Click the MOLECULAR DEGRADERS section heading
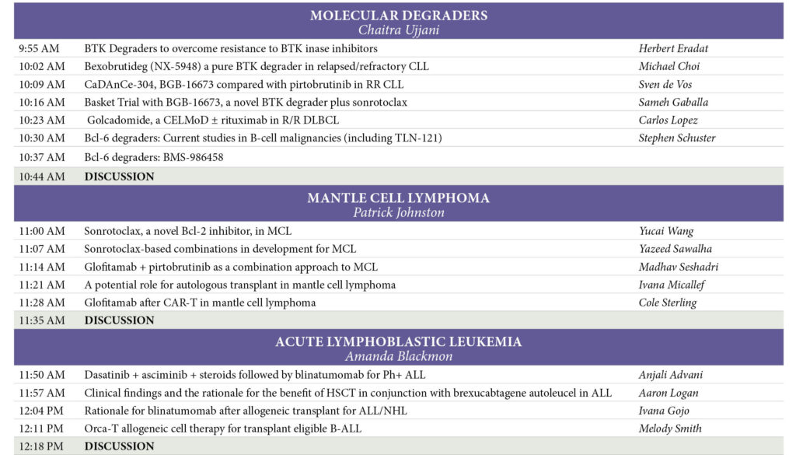(398, 16)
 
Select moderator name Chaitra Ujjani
(398, 30)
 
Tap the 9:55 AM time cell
(42, 48)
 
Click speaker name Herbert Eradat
(673, 48)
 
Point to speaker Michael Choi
(669, 66)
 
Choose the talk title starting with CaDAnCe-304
(244, 84)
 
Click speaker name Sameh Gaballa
(672, 102)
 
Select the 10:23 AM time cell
(42, 120)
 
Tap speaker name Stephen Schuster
(677, 138)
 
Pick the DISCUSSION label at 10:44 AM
(119, 177)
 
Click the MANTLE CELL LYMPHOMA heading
(398, 198)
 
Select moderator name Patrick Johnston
(398, 212)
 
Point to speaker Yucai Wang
(666, 231)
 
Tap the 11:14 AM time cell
(42, 267)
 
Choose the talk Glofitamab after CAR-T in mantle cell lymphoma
(200, 303)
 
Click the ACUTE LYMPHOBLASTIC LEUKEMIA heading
(398, 341)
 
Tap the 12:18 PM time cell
(42, 446)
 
